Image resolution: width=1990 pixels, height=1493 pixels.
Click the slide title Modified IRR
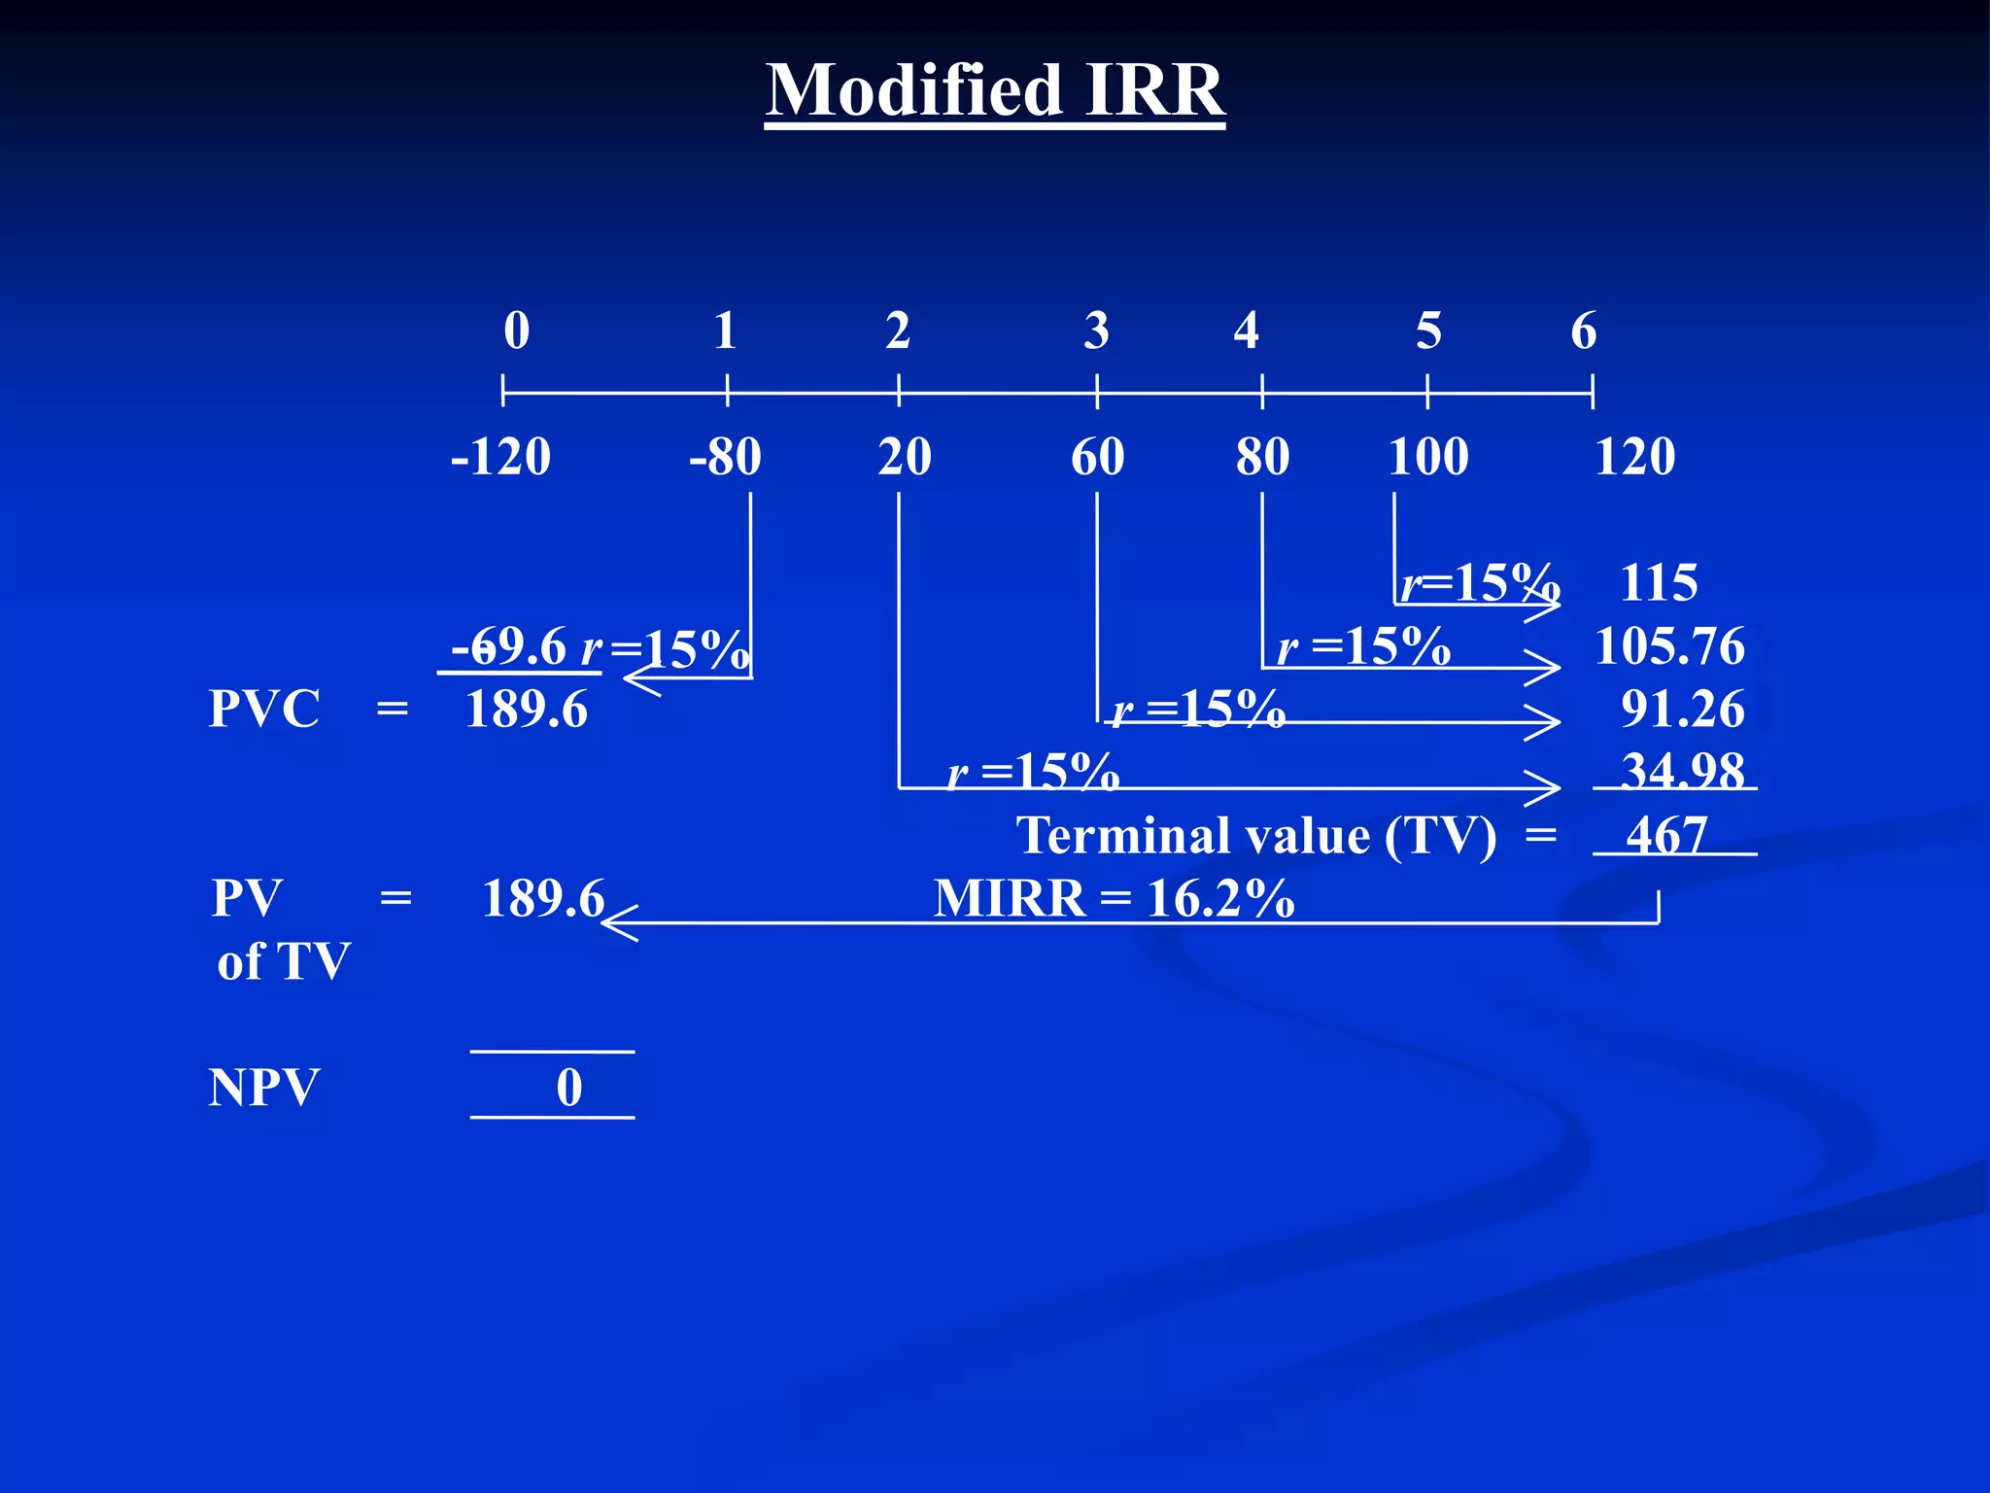coord(994,89)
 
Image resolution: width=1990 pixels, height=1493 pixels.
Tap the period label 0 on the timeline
coord(517,330)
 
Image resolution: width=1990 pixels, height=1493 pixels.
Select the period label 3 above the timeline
coord(1097,330)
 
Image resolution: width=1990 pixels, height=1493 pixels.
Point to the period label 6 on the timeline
coord(1584,330)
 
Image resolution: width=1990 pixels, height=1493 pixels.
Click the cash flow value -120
coord(500,457)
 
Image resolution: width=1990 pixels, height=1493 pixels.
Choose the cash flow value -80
coord(725,457)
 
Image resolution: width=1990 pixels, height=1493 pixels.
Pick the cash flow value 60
coord(1098,457)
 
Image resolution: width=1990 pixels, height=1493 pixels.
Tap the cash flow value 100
coord(1427,457)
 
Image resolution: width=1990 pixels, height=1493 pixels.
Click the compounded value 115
coord(1659,583)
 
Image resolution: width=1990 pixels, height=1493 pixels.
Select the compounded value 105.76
coord(1669,646)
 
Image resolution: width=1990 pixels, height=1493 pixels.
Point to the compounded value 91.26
coord(1682,710)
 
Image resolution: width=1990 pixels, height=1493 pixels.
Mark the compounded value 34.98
coord(1682,772)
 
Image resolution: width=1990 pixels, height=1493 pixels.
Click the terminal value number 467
coord(1666,835)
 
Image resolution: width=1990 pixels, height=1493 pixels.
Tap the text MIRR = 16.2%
coord(1114,898)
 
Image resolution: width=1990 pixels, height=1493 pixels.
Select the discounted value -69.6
coord(508,646)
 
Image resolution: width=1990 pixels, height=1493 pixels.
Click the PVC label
coord(263,709)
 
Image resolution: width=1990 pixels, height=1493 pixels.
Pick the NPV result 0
coord(569,1087)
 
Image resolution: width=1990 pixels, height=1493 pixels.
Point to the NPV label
coord(263,1087)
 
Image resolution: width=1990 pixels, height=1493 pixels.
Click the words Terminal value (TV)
coord(1256,836)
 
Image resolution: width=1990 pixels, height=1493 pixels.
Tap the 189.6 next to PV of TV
coord(543,898)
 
